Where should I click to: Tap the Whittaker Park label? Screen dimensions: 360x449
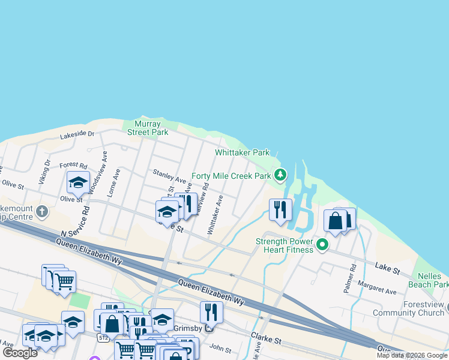tap(243, 152)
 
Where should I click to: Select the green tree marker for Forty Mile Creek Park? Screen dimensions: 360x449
tap(280, 175)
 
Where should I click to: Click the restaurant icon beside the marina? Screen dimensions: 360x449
tap(280, 210)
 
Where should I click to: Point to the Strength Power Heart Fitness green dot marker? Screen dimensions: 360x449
tap(322, 244)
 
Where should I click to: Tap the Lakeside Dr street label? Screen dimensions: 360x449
tap(77, 135)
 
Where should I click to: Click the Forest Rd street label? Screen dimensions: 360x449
tap(74, 166)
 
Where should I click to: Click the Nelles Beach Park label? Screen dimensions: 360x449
tap(433, 280)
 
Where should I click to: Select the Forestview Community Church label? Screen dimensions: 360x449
tap(408, 308)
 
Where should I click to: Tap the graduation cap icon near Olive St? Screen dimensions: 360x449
tap(78, 182)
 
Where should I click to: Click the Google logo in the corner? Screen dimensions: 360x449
tap(20, 353)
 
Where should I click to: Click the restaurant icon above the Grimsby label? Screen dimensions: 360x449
tap(211, 312)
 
